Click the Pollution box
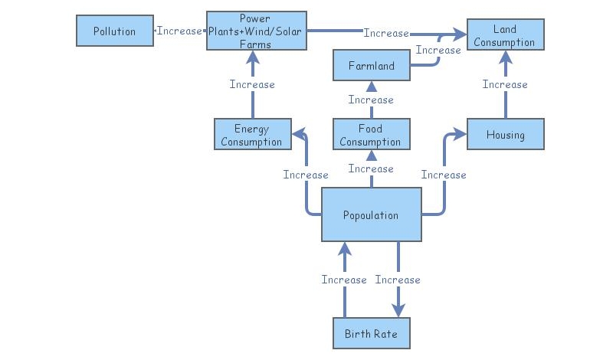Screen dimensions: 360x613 [114, 31]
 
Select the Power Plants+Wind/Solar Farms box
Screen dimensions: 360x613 [256, 31]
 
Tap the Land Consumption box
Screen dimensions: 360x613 [505, 35]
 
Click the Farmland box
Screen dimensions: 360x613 [371, 66]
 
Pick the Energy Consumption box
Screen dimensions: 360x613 [252, 135]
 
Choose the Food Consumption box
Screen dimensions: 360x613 [371, 135]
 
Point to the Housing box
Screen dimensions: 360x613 [505, 135]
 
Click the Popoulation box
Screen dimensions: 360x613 [371, 215]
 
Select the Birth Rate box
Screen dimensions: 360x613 [371, 334]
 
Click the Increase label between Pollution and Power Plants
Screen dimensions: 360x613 [179, 31]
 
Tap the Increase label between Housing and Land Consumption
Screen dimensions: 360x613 [505, 84]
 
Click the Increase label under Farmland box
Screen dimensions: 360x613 [371, 100]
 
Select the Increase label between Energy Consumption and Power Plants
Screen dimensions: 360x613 [252, 84]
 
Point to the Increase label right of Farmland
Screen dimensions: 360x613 [438, 50]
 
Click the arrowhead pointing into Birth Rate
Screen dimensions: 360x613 [398, 310]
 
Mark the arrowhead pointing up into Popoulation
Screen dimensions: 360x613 [344, 247]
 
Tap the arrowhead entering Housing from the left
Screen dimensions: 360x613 [461, 135]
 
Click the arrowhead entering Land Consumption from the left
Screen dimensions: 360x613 [461, 34]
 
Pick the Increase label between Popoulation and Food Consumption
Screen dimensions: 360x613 [371, 169]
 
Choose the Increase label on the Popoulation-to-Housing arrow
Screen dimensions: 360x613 [444, 175]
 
